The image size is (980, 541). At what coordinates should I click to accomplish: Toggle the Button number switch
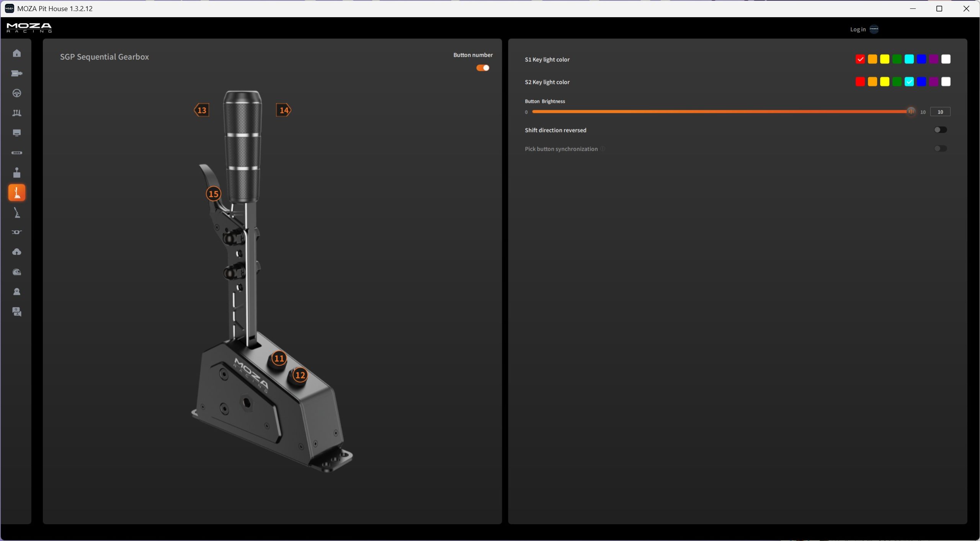pyautogui.click(x=483, y=68)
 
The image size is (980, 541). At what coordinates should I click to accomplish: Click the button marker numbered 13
pyautogui.click(x=201, y=110)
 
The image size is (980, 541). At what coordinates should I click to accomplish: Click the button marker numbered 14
pyautogui.click(x=284, y=110)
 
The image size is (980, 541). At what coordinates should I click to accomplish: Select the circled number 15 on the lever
pyautogui.click(x=214, y=194)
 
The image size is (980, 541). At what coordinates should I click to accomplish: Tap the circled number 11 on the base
pyautogui.click(x=279, y=358)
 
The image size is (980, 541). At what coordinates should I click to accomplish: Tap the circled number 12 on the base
pyautogui.click(x=300, y=375)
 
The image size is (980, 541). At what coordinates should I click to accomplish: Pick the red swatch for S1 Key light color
pyautogui.click(x=860, y=59)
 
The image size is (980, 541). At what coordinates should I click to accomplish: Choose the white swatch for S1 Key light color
pyautogui.click(x=946, y=59)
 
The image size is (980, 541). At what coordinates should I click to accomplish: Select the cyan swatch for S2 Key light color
pyautogui.click(x=909, y=81)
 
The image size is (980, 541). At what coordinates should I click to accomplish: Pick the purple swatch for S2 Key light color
pyautogui.click(x=934, y=81)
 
